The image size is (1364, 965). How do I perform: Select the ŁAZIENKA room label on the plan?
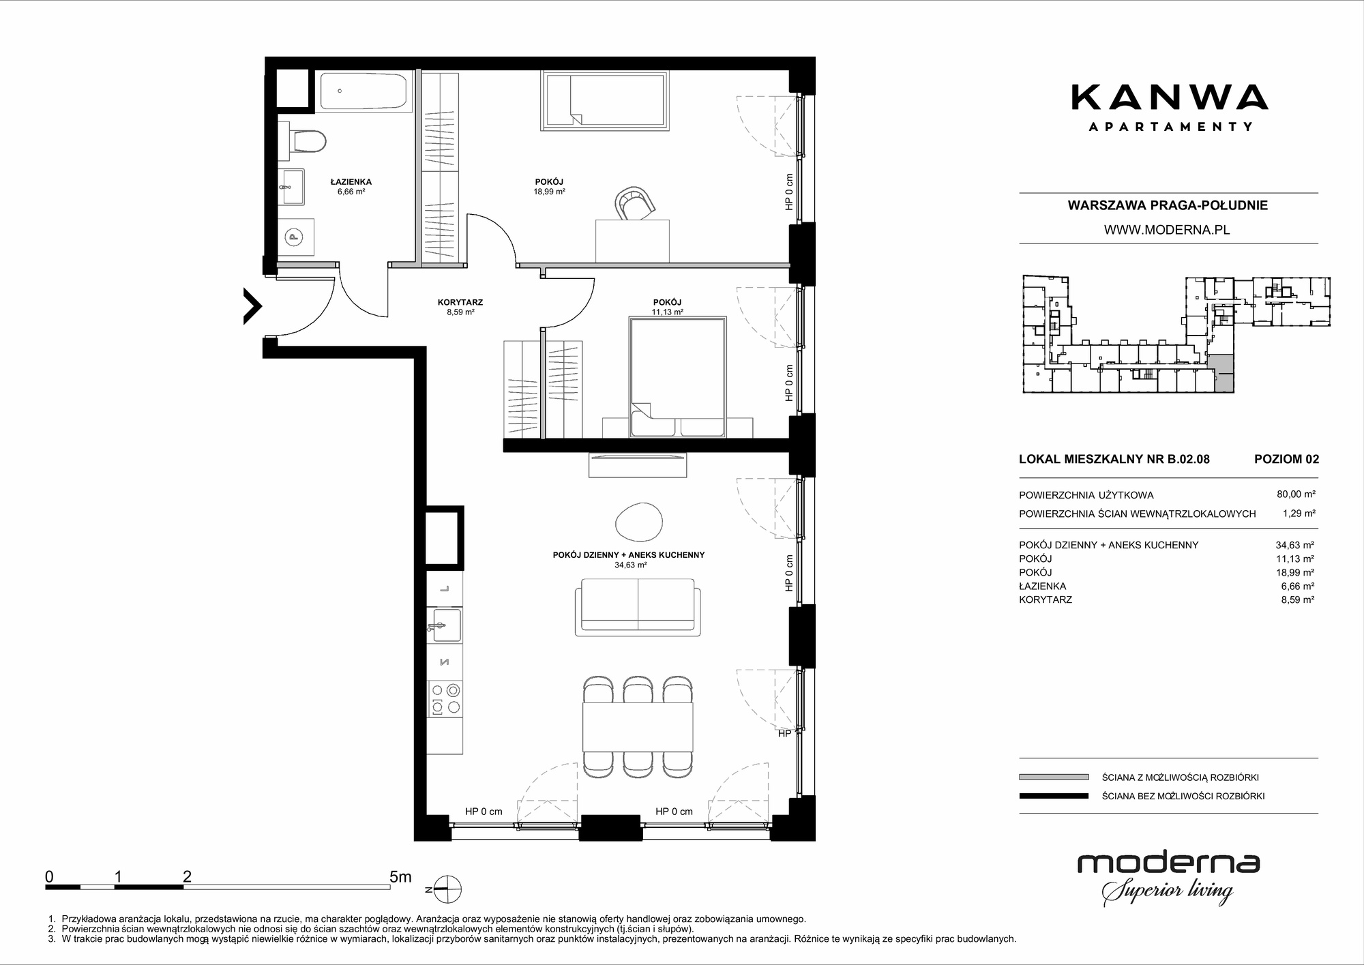tap(351, 182)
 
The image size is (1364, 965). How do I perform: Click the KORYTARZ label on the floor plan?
tap(460, 302)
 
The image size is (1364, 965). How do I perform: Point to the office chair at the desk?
tap(636, 204)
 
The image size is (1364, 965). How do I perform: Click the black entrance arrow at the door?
tap(252, 305)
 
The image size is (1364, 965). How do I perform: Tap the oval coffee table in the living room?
tap(638, 522)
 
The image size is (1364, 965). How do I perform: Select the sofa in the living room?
tap(638, 608)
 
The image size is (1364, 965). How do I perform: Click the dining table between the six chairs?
tap(638, 727)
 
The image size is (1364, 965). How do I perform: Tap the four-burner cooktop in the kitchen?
tap(445, 699)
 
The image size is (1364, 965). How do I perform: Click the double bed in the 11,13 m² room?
tap(677, 376)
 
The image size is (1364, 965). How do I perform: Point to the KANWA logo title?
tap(1170, 97)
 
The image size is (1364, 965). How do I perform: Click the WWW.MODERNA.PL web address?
tap(1167, 230)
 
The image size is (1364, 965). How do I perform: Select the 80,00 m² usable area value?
tap(1296, 494)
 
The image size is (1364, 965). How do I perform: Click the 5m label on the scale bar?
tap(400, 877)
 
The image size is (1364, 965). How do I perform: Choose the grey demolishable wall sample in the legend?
tap(1054, 777)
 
